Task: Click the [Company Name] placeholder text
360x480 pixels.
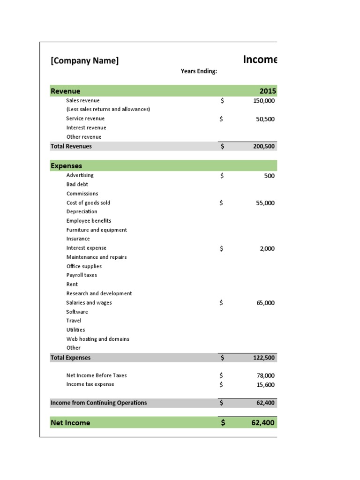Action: tap(84, 60)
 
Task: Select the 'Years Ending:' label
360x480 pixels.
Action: tap(199, 71)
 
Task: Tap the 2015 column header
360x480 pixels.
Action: tap(268, 91)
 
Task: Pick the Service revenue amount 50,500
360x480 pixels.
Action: tap(265, 119)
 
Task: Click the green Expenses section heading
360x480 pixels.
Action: tap(66, 166)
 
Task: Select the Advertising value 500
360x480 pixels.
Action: tap(269, 176)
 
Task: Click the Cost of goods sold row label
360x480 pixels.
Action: tap(88, 202)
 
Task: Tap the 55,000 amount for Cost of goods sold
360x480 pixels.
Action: tap(266, 203)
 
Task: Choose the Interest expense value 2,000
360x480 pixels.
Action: tap(267, 248)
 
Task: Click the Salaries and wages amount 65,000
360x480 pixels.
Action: tap(266, 303)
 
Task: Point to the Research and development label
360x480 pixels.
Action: tap(99, 293)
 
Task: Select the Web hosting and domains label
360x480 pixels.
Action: tap(97, 339)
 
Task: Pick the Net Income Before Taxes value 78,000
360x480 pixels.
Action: tap(266, 375)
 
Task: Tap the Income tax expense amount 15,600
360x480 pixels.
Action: tap(266, 384)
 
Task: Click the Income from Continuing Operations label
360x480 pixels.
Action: tap(98, 403)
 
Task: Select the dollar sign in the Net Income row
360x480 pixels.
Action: tap(223, 423)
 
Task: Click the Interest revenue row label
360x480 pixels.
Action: tap(86, 127)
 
